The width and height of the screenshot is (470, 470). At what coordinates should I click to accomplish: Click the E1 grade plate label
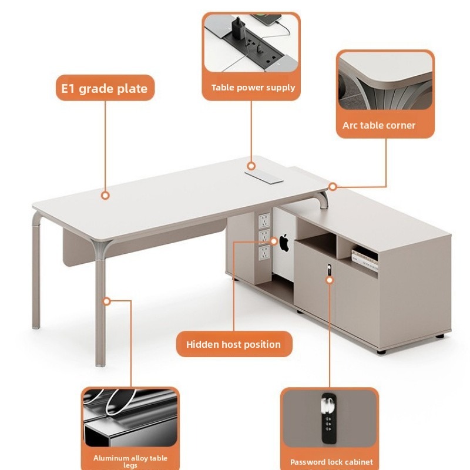[x=105, y=89]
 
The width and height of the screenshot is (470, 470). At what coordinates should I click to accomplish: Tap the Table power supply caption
[x=253, y=88]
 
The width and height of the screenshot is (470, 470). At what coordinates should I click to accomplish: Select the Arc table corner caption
[x=379, y=125]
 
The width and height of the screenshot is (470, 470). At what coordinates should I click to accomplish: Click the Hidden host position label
[x=233, y=344]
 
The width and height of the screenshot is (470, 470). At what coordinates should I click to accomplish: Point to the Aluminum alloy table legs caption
[x=130, y=461]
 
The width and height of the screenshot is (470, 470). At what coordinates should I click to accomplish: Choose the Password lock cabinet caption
[x=331, y=462]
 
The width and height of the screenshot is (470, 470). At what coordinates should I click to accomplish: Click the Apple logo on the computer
[x=284, y=243]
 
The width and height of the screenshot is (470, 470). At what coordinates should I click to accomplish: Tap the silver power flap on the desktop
[x=264, y=177]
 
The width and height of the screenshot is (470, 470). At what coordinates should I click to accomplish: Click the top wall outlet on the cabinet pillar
[x=264, y=221]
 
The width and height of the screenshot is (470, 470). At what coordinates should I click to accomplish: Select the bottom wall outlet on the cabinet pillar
[x=264, y=253]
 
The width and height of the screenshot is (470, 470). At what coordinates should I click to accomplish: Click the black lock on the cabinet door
[x=329, y=269]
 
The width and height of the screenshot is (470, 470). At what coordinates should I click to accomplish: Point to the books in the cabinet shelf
[x=364, y=260]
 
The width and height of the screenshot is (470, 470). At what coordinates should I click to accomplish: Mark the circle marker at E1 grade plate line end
[x=105, y=196]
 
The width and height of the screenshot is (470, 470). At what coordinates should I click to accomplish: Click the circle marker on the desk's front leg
[x=107, y=301]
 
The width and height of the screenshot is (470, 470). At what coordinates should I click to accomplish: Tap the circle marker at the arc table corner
[x=333, y=187]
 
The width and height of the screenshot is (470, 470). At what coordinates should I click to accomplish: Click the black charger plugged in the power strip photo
[x=239, y=28]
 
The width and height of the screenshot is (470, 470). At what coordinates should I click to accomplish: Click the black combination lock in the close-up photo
[x=329, y=418]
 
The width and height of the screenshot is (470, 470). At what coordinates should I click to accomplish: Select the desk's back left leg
[x=36, y=270]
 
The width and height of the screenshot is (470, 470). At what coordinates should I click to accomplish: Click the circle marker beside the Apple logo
[x=274, y=241]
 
